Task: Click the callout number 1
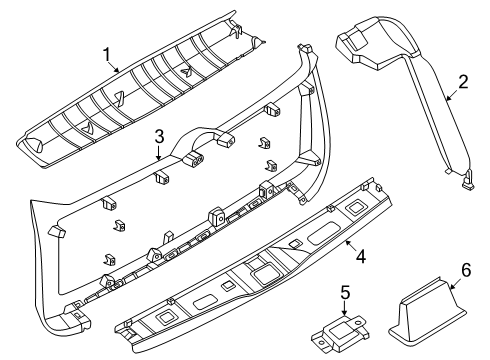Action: pos(107,55)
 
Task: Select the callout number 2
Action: pos(463,82)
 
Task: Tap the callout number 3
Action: pos(159,137)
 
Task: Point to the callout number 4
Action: pos(361,257)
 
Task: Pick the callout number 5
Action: pos(346,292)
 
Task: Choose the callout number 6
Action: pos(466,270)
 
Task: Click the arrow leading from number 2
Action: pos(453,94)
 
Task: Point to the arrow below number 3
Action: pos(159,153)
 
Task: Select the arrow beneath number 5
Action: pos(345,308)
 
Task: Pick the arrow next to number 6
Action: pos(456,283)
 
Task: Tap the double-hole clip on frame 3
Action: pos(194,159)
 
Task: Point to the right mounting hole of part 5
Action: pos(358,323)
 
